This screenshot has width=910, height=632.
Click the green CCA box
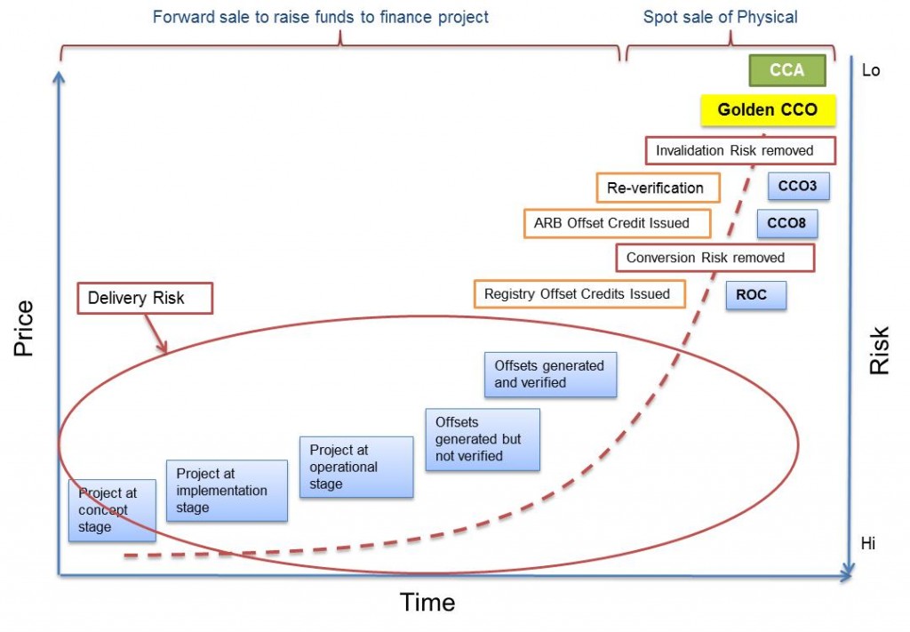click(787, 70)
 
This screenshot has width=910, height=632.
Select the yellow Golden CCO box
click(767, 110)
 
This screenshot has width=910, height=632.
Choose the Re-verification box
click(656, 188)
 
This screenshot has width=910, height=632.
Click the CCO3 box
click(797, 187)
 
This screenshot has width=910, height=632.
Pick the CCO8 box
click(786, 223)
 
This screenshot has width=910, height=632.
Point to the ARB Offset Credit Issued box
click(618, 223)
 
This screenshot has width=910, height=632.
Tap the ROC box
click(755, 294)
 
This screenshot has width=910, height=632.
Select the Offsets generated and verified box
click(550, 375)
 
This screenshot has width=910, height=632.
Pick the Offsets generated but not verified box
click(482, 440)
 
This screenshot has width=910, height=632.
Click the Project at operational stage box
click(355, 467)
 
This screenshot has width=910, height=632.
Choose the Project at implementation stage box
click(227, 490)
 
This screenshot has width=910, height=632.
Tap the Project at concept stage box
click(113, 510)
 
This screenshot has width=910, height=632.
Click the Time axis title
click(427, 603)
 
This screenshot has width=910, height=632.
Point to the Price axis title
click(24, 329)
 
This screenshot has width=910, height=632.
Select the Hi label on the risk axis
click(867, 543)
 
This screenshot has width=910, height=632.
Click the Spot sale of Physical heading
click(720, 17)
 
